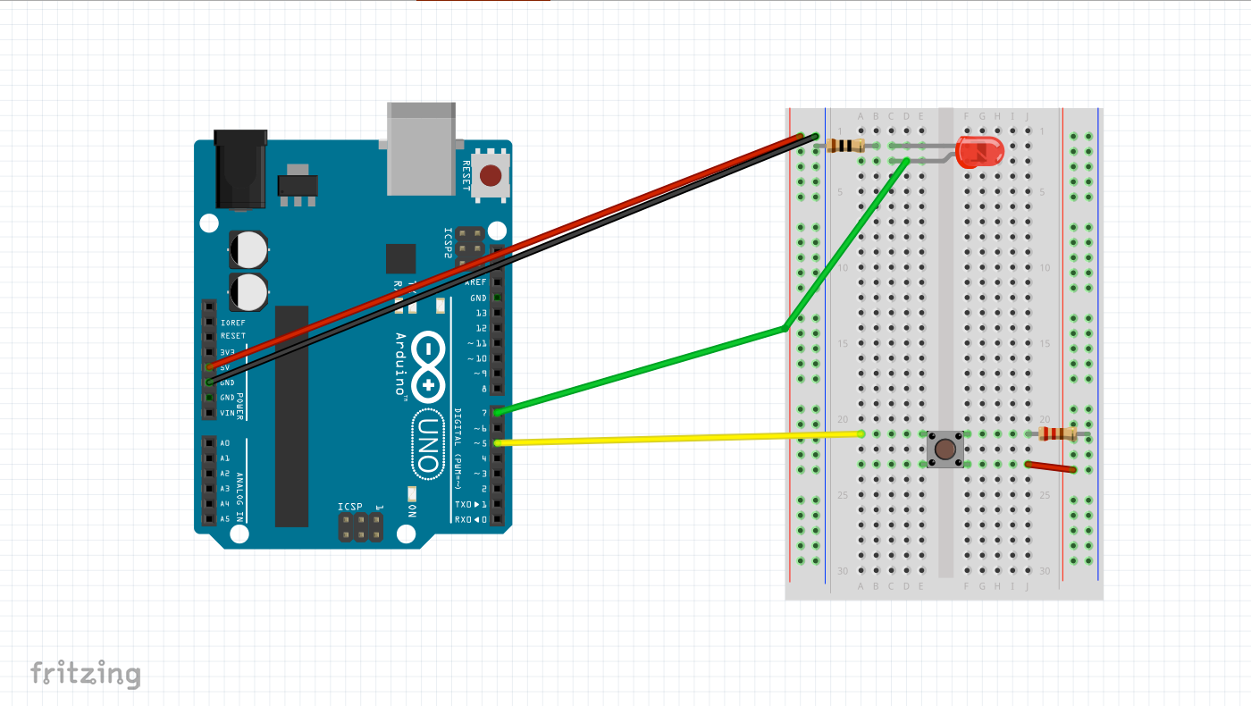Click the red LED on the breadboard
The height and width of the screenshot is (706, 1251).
979,152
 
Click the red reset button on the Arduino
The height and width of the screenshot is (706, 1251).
490,173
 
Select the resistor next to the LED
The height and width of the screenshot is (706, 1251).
844,146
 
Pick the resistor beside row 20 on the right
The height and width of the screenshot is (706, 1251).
1058,433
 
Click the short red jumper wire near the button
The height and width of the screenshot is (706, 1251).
1050,466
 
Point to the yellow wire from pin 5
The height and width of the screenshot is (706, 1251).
679,438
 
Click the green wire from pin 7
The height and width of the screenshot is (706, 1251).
643,369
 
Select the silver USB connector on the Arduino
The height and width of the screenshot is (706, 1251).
422,147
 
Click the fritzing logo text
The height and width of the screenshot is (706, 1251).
86,673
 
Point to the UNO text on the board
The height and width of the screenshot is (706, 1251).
428,442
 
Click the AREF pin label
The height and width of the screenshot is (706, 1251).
477,282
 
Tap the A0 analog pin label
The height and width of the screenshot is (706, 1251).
225,443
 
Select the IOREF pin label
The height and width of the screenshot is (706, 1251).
232,322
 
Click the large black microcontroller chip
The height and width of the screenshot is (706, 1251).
291,416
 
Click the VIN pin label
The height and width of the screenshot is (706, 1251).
227,413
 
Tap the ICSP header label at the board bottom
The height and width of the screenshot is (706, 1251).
350,507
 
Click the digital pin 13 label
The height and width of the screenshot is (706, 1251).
481,313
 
